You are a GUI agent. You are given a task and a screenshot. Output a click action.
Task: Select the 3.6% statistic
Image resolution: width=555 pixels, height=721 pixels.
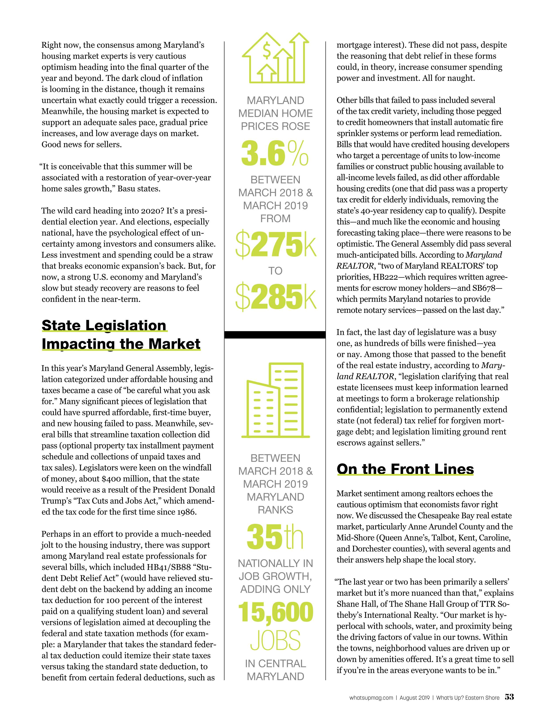point(275,154)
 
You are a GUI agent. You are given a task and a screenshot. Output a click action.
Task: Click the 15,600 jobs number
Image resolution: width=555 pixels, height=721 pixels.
point(275,612)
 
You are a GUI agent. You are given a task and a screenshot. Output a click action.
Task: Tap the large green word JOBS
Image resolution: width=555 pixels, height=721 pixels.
point(275,641)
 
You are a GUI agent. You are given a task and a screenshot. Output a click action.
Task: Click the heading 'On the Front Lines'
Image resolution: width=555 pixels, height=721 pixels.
point(405,469)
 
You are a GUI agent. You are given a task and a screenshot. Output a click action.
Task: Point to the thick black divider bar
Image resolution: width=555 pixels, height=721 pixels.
point(275,335)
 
